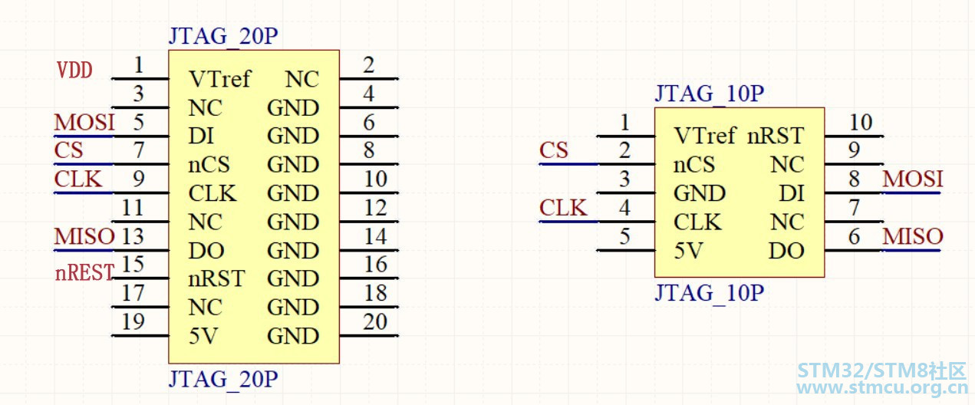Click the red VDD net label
click(74, 70)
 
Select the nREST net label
click(84, 273)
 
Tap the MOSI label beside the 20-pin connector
click(84, 122)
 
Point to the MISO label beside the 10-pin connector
click(913, 237)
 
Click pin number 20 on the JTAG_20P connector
click(375, 322)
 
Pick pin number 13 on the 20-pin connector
click(132, 237)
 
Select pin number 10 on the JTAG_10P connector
click(861, 122)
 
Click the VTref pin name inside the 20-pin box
click(220, 79)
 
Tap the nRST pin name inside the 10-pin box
click(776, 136)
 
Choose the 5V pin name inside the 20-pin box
click(203, 336)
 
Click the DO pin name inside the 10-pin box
click(786, 251)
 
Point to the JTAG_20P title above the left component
click(223, 36)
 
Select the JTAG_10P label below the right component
click(710, 293)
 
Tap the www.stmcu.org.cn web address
click(882, 387)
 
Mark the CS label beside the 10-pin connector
click(554, 150)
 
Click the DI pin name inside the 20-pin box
click(201, 137)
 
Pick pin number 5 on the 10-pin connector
click(624, 237)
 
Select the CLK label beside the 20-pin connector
click(78, 179)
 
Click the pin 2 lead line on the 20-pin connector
click(369, 79)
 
